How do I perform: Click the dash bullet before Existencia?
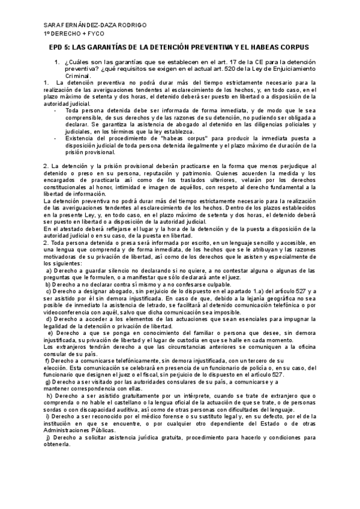tap(55, 138)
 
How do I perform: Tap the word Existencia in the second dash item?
tap(80, 138)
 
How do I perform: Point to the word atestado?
tap(74, 229)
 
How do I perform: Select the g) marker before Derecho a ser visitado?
tap(47, 381)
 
